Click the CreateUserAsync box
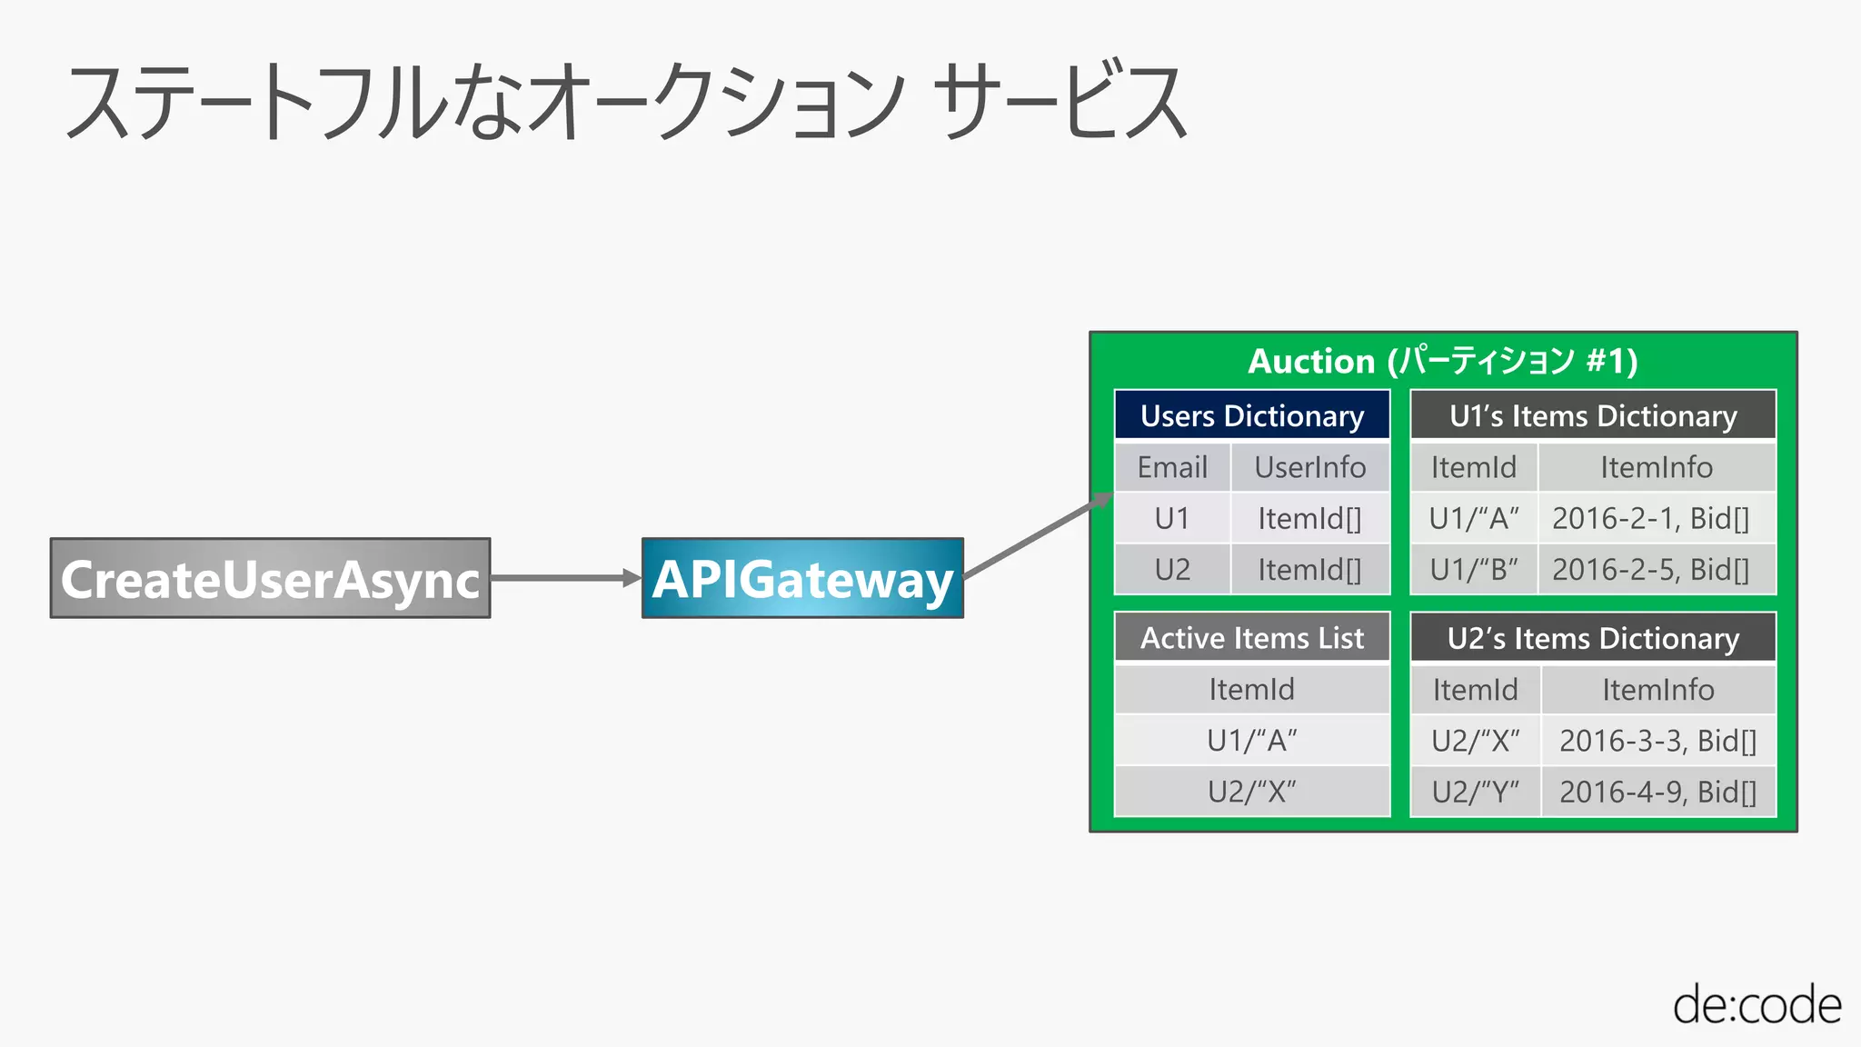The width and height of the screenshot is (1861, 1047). coord(270,579)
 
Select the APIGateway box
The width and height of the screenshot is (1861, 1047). coord(802,579)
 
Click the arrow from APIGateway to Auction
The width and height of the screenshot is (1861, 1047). coord(1036,537)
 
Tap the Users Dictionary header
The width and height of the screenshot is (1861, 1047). coord(1252,415)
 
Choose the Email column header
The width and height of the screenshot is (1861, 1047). coord(1172,467)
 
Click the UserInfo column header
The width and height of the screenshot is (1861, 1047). coord(1309,467)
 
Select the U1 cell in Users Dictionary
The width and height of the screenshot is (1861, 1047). coord(1172,518)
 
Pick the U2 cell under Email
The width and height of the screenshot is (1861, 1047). coord(1172,570)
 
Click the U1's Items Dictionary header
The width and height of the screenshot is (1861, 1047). coord(1593,415)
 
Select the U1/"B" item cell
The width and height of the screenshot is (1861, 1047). coord(1474,570)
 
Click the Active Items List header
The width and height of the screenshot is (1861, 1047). coord(1252,638)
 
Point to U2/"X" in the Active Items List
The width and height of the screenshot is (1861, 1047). coord(1252,792)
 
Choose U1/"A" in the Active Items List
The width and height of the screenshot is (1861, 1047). coord(1252,741)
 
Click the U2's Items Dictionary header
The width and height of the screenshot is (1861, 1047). coord(1593,638)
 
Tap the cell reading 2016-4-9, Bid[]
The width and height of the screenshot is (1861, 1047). coord(1657,792)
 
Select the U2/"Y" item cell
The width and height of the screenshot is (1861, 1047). coord(1476,792)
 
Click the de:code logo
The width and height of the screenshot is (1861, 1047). coord(1757,1005)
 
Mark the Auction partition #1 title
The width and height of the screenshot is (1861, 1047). coord(1443,361)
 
